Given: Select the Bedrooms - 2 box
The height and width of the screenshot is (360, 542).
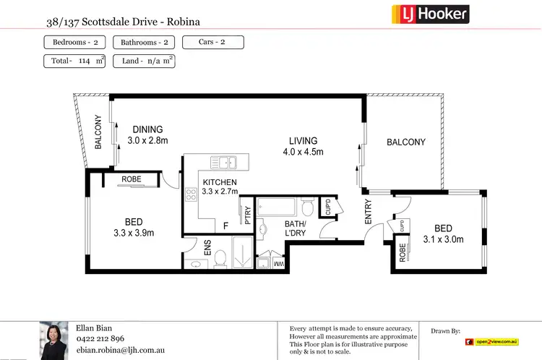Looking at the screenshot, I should [x=75, y=42].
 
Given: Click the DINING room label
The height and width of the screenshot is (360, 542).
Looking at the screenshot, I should [x=147, y=130].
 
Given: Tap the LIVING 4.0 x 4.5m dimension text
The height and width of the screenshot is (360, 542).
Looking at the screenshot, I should [x=303, y=153].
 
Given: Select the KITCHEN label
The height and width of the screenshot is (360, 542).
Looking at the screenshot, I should [x=220, y=182].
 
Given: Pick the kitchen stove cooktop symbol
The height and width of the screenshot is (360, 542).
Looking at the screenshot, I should [x=192, y=194].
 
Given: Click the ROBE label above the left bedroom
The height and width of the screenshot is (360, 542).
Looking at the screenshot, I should [x=132, y=179].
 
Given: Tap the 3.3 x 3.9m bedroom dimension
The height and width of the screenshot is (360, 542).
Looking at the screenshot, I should [x=134, y=233].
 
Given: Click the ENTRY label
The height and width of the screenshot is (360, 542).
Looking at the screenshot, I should [x=369, y=215].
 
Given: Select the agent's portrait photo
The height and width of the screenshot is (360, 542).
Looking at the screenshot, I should [x=53, y=340].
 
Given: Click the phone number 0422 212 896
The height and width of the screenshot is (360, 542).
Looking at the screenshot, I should [x=100, y=338].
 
